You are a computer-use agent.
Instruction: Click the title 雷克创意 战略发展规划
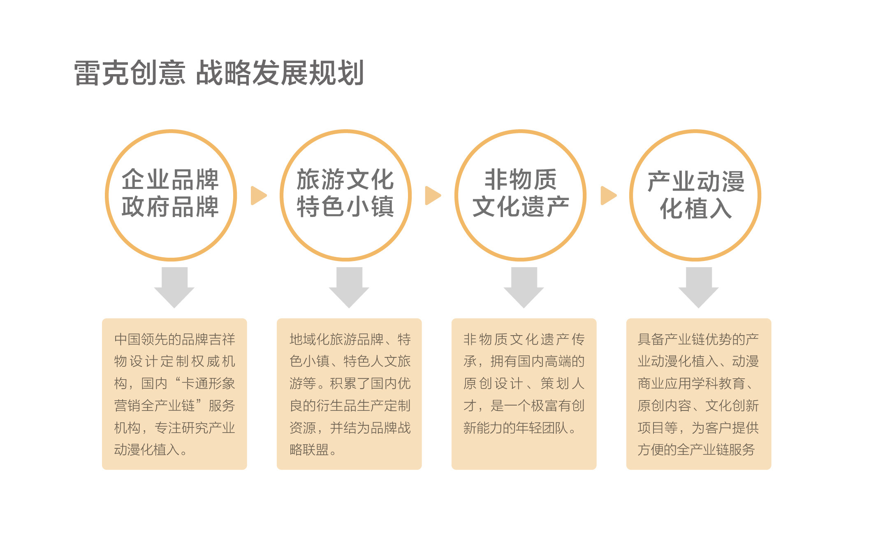pyautogui.click(x=219, y=73)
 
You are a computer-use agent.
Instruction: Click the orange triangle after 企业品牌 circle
pyautogui.click(x=258, y=196)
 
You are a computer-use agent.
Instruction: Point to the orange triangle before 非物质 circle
pyautogui.click(x=433, y=196)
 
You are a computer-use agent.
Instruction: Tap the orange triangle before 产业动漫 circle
pyautogui.click(x=608, y=196)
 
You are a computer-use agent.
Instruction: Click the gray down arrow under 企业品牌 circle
pyautogui.click(x=174, y=287)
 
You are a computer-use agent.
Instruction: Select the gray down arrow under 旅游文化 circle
pyautogui.click(x=349, y=287)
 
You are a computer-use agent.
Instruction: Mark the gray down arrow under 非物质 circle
pyautogui.click(x=524, y=287)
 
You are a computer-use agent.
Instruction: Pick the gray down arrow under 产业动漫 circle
pyautogui.click(x=699, y=287)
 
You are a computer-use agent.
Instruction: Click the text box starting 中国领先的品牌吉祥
pyautogui.click(x=174, y=394)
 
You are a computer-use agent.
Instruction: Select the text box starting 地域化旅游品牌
pyautogui.click(x=349, y=394)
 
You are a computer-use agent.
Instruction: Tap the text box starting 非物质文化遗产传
pyautogui.click(x=524, y=394)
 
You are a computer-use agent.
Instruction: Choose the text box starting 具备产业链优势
pyautogui.click(x=699, y=394)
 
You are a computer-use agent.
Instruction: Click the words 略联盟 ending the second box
pyautogui.click(x=309, y=450)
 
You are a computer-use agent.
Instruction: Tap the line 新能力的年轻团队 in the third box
pyautogui.click(x=516, y=428)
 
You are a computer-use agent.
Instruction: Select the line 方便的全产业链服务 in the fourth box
pyautogui.click(x=696, y=450)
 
